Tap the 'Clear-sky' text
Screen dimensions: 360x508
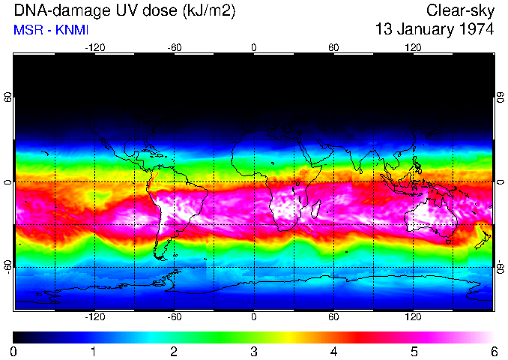460,10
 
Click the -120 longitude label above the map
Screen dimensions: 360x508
94,47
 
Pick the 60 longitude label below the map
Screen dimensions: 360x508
333,317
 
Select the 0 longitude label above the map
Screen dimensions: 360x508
254,47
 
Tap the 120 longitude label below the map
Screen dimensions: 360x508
413,317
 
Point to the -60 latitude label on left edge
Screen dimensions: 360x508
8,267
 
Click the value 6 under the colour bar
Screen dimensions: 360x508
494,351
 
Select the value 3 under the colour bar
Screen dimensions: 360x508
254,351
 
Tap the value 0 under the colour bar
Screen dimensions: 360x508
14,351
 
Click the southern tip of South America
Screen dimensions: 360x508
159,256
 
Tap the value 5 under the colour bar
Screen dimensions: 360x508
414,351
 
